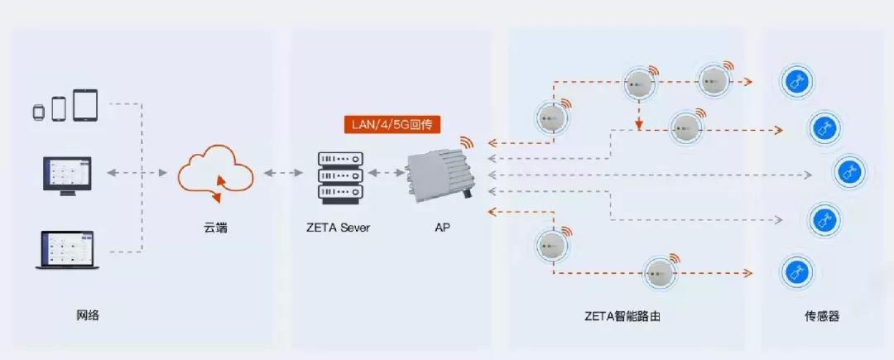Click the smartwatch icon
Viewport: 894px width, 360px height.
pos(38,110)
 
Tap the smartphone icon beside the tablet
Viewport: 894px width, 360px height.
pos(59,108)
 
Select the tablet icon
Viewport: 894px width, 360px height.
pos(85,105)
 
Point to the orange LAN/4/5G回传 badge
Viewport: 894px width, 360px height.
pos(392,124)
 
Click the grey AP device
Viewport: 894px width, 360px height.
pos(436,175)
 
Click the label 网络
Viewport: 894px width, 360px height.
pos(87,315)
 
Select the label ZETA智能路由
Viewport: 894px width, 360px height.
pos(622,316)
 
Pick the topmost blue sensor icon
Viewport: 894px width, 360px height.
pos(797,81)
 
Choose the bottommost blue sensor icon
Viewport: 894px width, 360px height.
pos(796,272)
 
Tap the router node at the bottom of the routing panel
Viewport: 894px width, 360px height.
pos(659,271)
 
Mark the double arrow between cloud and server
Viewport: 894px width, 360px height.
pos(283,174)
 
